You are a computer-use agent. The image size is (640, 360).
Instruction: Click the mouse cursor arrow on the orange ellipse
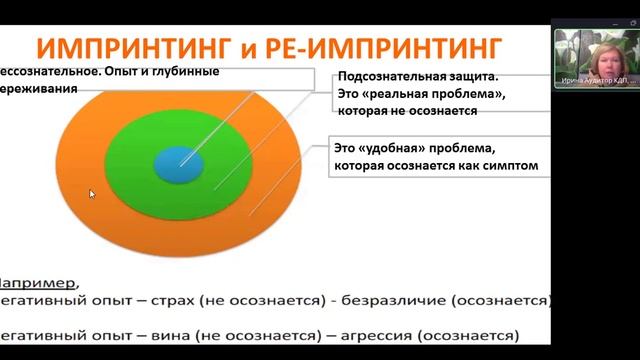click(x=92, y=194)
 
